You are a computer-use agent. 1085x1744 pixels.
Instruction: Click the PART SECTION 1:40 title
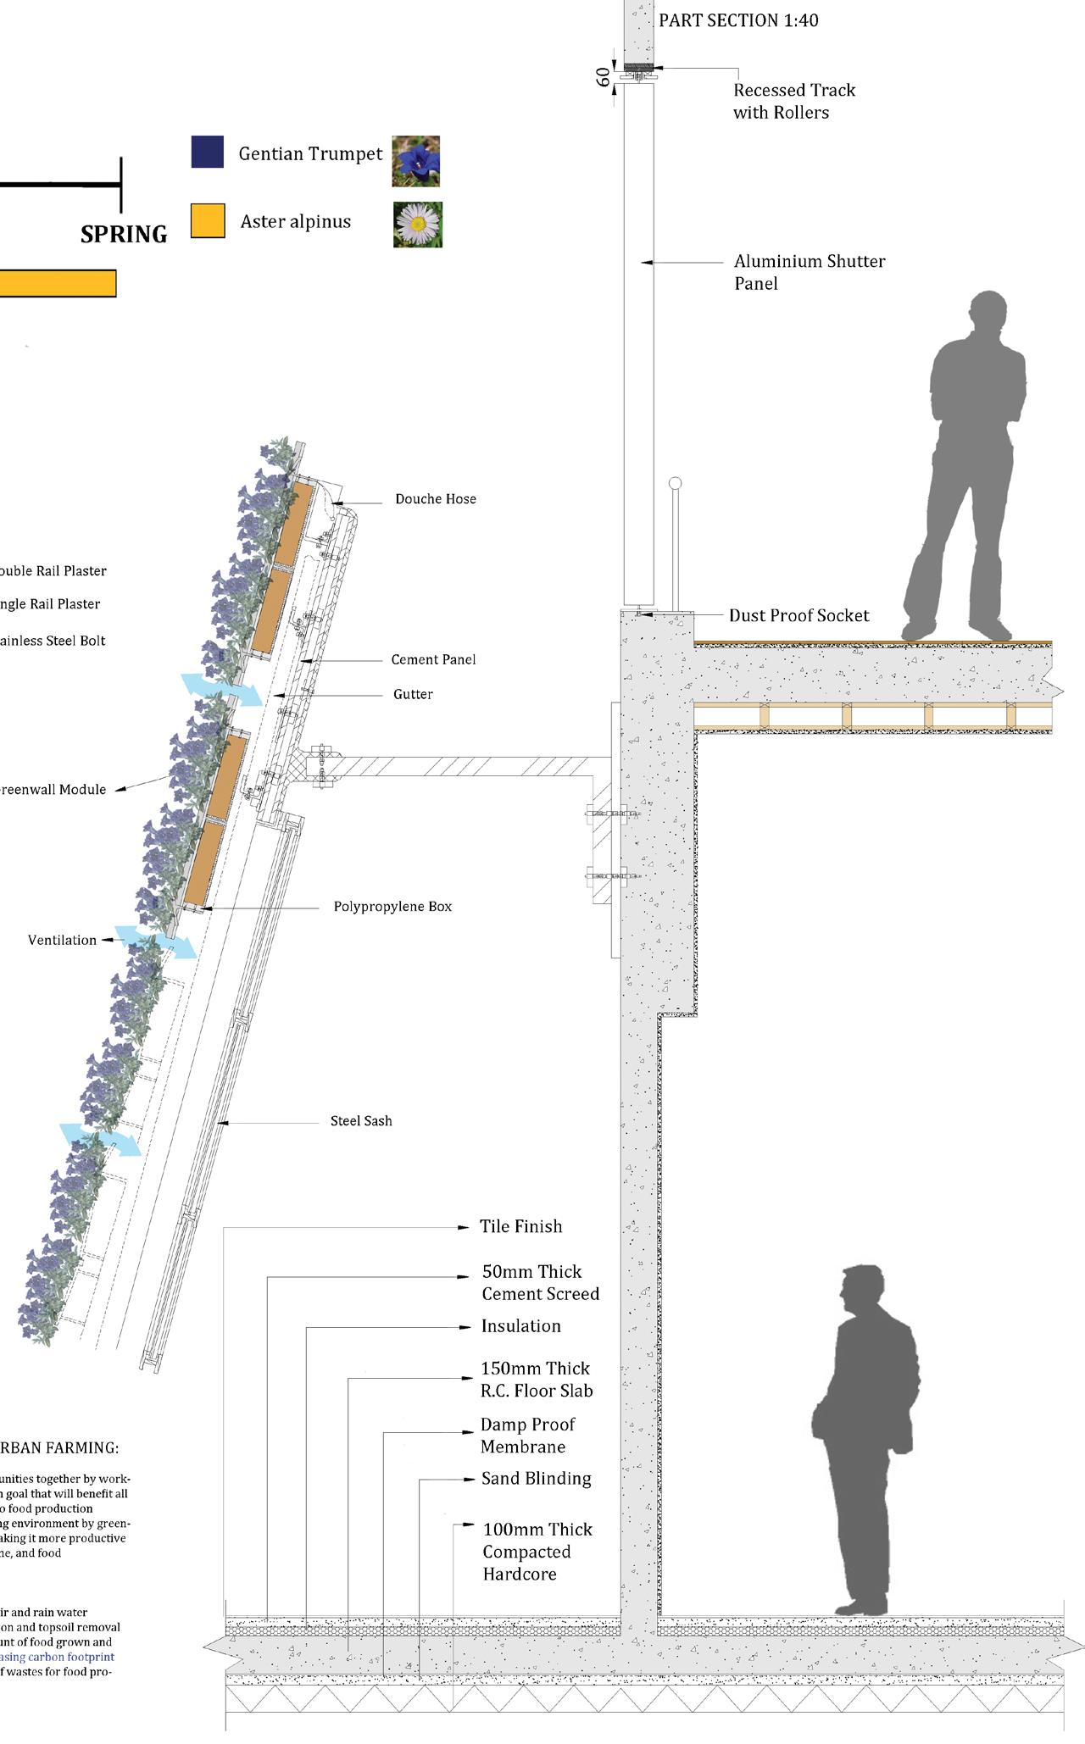[x=738, y=20]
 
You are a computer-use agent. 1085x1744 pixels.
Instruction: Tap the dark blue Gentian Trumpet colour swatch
[x=208, y=153]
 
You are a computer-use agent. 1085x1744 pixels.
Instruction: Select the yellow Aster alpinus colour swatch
[x=208, y=220]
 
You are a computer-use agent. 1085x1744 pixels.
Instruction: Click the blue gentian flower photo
[x=416, y=161]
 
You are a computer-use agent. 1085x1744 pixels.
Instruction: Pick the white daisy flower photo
[x=417, y=225]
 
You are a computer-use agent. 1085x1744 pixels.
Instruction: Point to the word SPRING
[x=124, y=234]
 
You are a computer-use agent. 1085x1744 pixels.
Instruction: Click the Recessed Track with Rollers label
[x=793, y=101]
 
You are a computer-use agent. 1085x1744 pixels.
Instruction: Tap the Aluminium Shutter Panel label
[x=809, y=272]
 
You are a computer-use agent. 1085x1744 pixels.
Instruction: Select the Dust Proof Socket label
[x=798, y=615]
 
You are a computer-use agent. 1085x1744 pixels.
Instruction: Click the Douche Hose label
[x=435, y=499]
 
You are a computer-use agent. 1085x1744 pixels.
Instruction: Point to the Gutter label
[x=413, y=694]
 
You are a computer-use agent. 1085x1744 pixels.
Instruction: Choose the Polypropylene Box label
[x=392, y=906]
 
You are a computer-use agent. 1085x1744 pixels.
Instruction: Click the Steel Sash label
[x=361, y=1120]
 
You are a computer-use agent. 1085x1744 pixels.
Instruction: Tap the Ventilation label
[x=62, y=940]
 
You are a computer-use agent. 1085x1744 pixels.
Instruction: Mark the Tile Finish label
[x=520, y=1226]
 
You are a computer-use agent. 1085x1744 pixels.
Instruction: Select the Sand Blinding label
[x=536, y=1478]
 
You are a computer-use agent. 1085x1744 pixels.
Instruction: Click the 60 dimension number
[x=604, y=76]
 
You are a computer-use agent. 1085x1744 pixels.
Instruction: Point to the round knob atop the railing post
[x=675, y=483]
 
